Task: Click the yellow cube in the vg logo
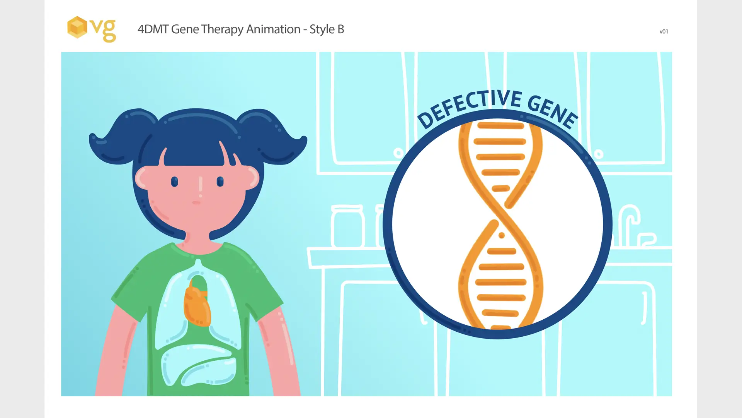pos(77,27)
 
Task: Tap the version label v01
pos(664,32)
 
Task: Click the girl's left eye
pos(174,182)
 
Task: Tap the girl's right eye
pos(220,182)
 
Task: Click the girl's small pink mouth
pos(196,202)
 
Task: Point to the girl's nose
pos(201,184)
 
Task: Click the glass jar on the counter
pos(347,226)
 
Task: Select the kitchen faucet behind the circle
pos(634,226)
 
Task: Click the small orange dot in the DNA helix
pos(502,235)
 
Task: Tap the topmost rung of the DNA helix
pos(500,125)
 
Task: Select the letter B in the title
pos(340,29)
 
